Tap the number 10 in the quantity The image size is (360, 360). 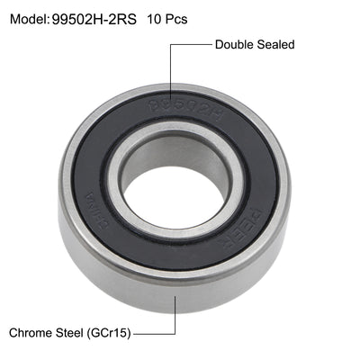coord(154,18)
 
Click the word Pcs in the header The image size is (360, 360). coord(176,18)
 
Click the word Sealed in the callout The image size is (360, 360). coord(275,44)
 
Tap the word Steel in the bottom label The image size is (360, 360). coord(76,332)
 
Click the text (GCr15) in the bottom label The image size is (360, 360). coord(112,332)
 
